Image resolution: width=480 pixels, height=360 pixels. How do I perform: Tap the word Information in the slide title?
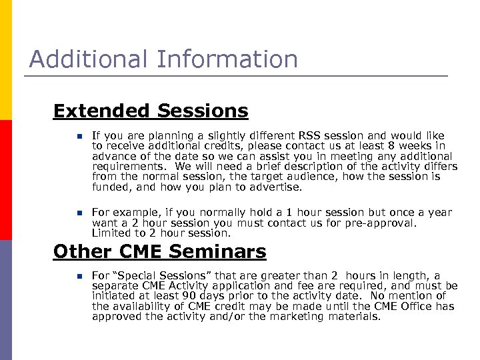227,59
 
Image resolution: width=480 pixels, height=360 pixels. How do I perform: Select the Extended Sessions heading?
150,111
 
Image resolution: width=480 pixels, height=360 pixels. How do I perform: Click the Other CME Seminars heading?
159,251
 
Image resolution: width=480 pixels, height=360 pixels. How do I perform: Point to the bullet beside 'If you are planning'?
78,135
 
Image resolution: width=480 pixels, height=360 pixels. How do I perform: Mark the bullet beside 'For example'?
78,213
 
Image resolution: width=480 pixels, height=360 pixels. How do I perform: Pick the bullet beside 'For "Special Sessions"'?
78,276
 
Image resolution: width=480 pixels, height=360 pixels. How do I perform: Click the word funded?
109,187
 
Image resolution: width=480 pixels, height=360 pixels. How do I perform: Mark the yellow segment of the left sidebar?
6,60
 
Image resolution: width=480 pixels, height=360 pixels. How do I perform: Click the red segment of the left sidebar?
6,180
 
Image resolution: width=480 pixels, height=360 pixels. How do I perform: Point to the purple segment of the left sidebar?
6,300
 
